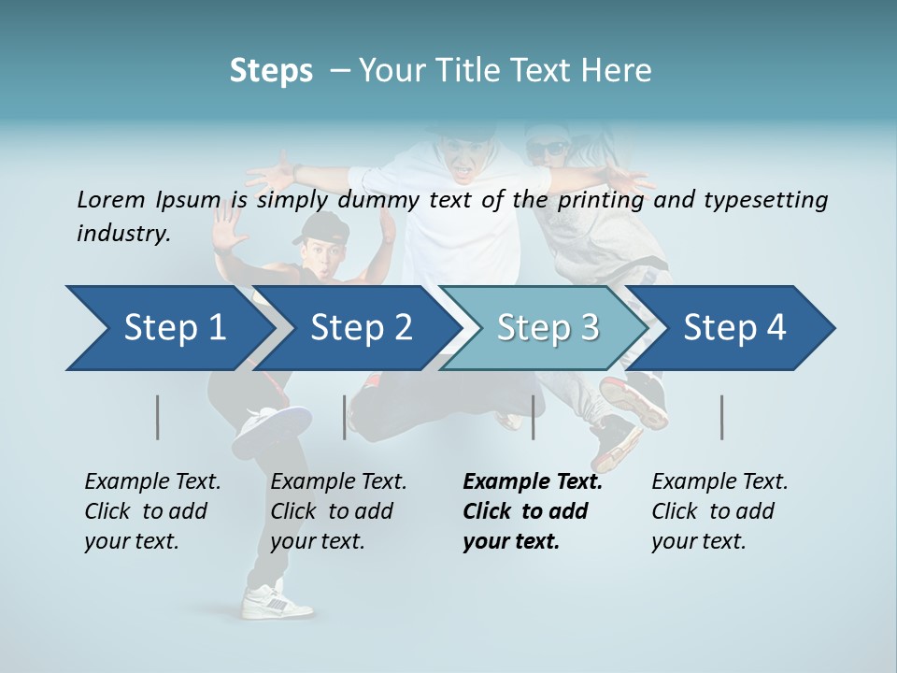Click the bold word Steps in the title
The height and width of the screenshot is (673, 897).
[271, 71]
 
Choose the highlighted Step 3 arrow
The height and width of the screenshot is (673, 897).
[548, 328]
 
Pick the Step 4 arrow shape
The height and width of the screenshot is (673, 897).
[734, 328]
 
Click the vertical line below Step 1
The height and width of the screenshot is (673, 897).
[158, 417]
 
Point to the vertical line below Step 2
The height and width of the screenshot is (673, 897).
[345, 417]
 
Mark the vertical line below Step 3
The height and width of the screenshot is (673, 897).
[533, 417]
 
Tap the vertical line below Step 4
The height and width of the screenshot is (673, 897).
[722, 417]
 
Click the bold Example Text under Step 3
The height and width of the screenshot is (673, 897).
[533, 482]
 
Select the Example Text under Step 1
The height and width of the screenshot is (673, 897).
[152, 482]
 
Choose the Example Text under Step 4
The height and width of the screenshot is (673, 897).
[719, 482]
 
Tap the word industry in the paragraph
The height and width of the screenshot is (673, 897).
[122, 234]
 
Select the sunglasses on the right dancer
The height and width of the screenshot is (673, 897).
[547, 148]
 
